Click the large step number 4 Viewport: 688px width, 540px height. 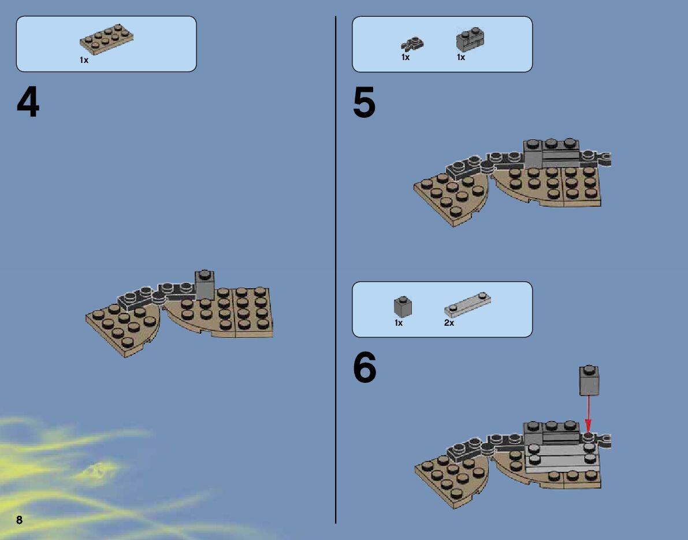pos(28,102)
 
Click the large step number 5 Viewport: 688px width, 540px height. pos(364,102)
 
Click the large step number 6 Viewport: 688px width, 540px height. pos(365,367)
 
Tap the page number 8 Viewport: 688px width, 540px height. pos(19,520)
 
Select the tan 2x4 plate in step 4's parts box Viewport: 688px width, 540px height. pos(107,39)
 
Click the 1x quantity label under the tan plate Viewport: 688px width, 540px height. pos(84,60)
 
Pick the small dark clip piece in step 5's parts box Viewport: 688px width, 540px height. pos(412,44)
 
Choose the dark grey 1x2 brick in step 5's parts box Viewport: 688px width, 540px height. pos(470,39)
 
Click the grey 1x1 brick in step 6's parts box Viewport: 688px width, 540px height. pos(403,306)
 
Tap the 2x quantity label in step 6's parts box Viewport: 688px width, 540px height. pos(449,323)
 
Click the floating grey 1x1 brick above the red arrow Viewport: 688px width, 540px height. pos(589,380)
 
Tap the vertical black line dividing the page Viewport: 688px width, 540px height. pos(336,270)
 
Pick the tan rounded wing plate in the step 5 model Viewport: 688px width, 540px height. pos(451,200)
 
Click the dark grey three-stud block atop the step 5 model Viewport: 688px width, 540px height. pos(552,154)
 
